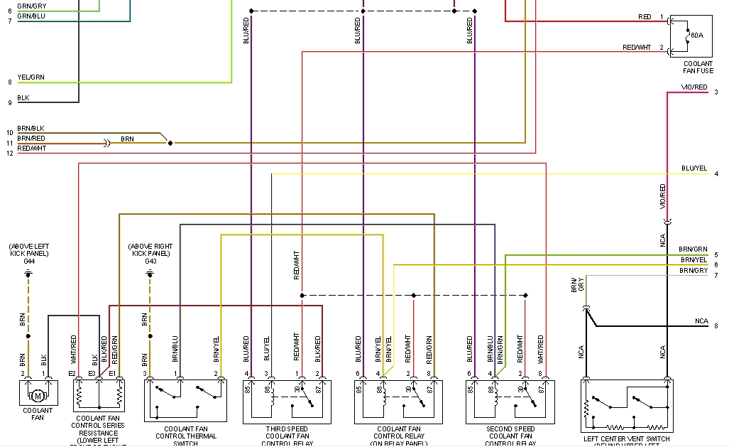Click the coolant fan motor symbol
coord(38,395)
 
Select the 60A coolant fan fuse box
coord(691,36)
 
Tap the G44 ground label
coord(28,262)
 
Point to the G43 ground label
coord(150,262)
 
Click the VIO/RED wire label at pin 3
coord(694,87)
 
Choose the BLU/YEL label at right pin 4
coord(694,168)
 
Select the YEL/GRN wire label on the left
coord(31,77)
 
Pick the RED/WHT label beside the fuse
coord(637,47)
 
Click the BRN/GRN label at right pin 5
coord(693,249)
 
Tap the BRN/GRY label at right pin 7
coord(694,271)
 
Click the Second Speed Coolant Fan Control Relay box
coord(510,402)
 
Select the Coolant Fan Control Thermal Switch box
coord(185,402)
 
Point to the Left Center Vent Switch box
coord(627,405)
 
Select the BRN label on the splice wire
coord(127,139)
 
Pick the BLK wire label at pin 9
coord(23,97)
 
